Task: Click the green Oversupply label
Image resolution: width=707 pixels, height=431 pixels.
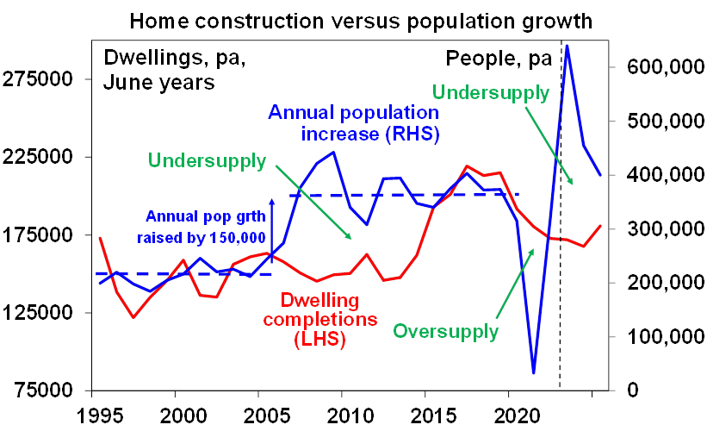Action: click(446, 331)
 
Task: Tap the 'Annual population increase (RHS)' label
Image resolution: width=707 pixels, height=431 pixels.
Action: click(355, 123)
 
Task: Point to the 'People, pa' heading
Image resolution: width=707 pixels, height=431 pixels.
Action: click(495, 59)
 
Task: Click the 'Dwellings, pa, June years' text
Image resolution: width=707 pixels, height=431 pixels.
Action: click(159, 71)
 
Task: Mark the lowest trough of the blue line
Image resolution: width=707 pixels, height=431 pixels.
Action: click(534, 372)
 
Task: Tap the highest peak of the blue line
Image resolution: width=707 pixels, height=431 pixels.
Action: click(567, 45)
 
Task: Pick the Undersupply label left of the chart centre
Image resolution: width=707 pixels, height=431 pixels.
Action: click(208, 161)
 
